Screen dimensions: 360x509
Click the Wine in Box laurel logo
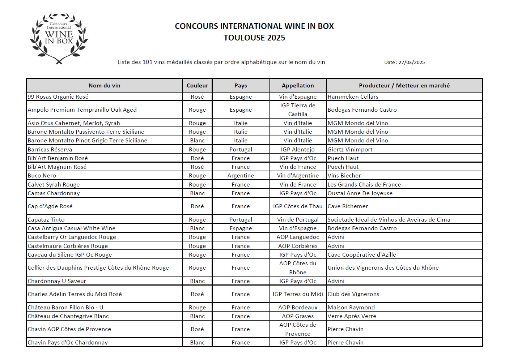pos(59,38)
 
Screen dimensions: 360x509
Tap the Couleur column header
pos(197,86)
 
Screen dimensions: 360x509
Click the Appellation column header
pos(298,86)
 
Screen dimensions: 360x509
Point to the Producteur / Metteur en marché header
pos(404,86)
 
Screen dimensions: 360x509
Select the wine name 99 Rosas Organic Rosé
pos(58,97)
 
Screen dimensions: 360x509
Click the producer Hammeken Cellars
pos(353,97)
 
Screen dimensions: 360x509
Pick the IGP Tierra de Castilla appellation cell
pos(298,110)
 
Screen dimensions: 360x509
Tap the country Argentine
pos(241,176)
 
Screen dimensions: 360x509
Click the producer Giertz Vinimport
pos(350,150)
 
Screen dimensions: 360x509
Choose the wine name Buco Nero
pos(42,176)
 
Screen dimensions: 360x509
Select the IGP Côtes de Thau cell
pos(298,206)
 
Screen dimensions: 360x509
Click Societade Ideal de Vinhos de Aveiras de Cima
pos(389,220)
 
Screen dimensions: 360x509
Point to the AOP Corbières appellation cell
pos(298,246)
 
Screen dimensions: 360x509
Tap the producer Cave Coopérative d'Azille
pos(361,255)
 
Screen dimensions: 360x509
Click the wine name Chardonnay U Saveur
pos(57,281)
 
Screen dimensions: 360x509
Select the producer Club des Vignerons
pos(353,294)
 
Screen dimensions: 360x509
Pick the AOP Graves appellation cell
pos(298,316)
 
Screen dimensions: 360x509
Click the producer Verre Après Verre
pos(352,316)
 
